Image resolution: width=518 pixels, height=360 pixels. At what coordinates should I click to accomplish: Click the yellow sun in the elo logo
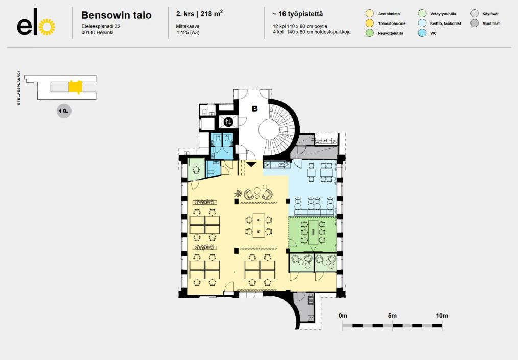(x=47, y=27)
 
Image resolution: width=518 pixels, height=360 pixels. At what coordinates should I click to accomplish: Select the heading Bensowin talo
(x=116, y=15)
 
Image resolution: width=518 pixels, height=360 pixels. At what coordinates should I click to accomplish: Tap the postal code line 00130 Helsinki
(x=98, y=32)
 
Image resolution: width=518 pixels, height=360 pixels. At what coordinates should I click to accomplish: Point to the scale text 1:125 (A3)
(x=188, y=32)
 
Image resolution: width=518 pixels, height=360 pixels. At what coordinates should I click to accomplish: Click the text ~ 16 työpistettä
(x=298, y=14)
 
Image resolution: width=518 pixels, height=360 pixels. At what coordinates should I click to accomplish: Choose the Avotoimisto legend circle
(x=370, y=14)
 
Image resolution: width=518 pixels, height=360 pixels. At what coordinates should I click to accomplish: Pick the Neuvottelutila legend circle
(x=370, y=33)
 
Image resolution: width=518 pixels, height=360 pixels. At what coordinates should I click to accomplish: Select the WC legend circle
(x=422, y=33)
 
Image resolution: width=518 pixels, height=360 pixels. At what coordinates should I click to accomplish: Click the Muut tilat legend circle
(x=475, y=23)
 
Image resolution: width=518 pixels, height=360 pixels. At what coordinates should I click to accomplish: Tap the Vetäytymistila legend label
(x=443, y=14)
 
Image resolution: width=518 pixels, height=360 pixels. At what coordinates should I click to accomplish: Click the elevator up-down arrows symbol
(x=228, y=122)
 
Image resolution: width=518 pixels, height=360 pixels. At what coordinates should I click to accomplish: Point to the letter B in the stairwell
(x=255, y=109)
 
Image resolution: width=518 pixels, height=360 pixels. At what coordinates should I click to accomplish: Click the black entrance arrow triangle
(x=251, y=164)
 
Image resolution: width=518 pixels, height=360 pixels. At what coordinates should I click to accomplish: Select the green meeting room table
(x=313, y=232)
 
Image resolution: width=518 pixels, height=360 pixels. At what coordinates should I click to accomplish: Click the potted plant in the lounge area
(x=238, y=194)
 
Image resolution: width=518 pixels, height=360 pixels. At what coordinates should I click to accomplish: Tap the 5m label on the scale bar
(x=392, y=316)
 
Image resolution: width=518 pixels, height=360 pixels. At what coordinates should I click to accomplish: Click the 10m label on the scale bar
(x=442, y=316)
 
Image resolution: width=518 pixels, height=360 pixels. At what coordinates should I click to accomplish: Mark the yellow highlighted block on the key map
(x=76, y=87)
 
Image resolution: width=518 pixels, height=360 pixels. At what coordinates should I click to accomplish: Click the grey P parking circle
(x=64, y=111)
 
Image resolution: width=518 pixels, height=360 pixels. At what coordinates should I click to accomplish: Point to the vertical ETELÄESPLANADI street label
(x=19, y=88)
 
